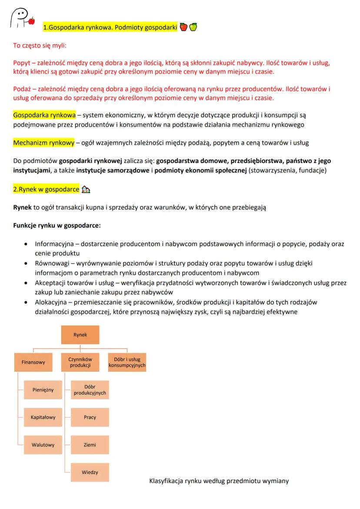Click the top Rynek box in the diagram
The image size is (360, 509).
click(x=80, y=335)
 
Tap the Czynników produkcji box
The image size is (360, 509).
click(x=80, y=362)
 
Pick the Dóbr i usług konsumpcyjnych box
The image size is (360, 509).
click(x=127, y=362)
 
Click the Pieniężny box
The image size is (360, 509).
click(x=43, y=390)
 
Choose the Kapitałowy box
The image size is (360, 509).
click(x=43, y=417)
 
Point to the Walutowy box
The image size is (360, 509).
click(x=43, y=445)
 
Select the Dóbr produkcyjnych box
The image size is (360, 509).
click(x=90, y=390)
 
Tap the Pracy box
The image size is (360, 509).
click(x=90, y=417)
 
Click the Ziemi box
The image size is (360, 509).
click(x=90, y=445)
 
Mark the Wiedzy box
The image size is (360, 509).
click(x=90, y=472)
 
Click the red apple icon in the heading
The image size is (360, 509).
click(x=183, y=27)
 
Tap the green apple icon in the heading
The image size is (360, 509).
click(x=193, y=27)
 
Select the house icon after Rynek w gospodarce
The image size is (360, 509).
click(x=86, y=190)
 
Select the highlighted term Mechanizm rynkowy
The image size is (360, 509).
click(x=37, y=143)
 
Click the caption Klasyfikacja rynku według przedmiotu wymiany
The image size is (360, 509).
click(x=219, y=481)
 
